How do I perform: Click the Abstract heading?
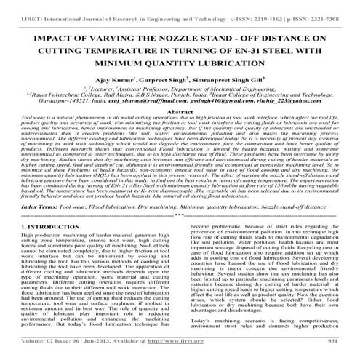180,113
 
